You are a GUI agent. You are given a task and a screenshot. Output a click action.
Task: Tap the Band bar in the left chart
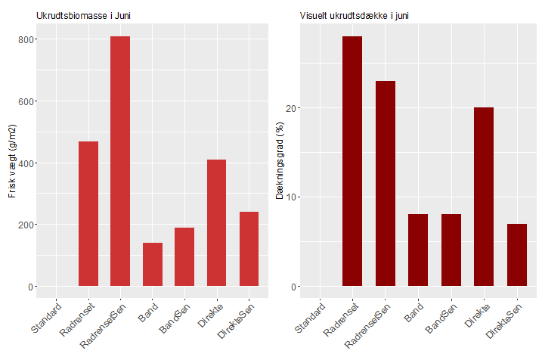point(153,265)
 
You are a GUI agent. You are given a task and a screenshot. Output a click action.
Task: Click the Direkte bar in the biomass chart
point(216,223)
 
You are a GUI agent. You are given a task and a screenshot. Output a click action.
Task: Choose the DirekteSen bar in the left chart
point(249,249)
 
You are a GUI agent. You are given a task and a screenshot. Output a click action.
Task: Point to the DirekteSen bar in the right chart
point(516,255)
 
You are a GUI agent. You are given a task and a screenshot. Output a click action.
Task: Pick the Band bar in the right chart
point(418,250)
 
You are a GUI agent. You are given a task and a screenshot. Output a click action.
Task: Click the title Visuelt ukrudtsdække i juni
point(355,16)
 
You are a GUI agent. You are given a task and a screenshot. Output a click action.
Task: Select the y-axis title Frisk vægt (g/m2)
point(13,162)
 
